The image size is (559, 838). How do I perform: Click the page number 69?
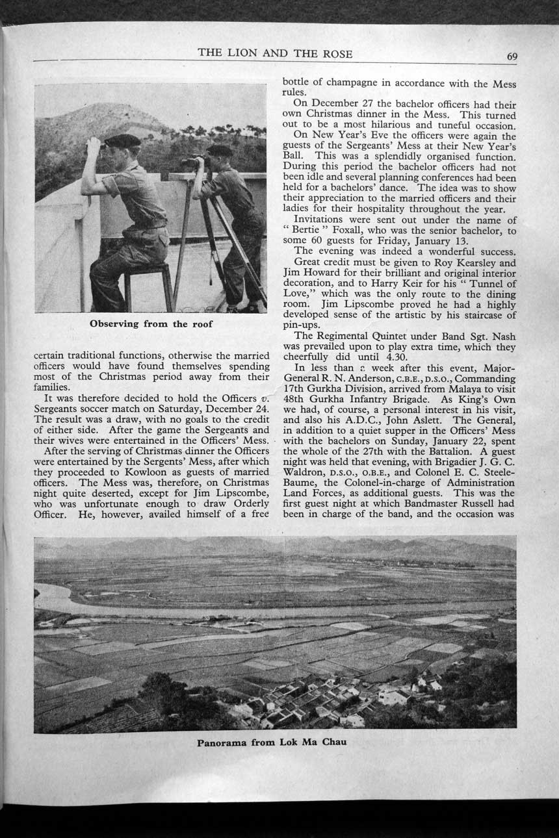pyautogui.click(x=512, y=56)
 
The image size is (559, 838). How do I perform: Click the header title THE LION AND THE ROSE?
pyautogui.click(x=275, y=54)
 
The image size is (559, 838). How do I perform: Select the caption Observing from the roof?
pyautogui.click(x=151, y=324)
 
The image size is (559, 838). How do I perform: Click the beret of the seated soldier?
pyautogui.click(x=122, y=140)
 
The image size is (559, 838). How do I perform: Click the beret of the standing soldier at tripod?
pyautogui.click(x=220, y=151)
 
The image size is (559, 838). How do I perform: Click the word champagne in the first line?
pyautogui.click(x=348, y=83)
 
